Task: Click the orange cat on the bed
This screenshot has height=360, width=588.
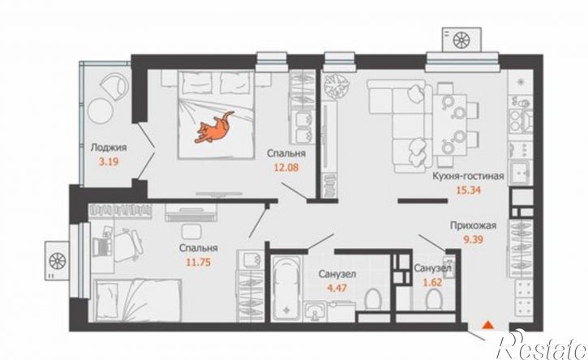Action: coord(213,128)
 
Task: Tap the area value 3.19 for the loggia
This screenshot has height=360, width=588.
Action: coord(108,162)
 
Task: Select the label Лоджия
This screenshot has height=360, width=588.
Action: coord(109,148)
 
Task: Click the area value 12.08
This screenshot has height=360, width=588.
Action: coord(286,167)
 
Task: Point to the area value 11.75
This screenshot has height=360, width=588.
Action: coord(199,262)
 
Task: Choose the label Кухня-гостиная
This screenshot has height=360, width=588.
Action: coord(468,176)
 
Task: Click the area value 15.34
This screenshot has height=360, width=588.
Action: coord(468,190)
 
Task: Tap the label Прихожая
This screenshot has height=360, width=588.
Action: coord(474,225)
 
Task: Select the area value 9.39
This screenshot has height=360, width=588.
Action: coord(474,239)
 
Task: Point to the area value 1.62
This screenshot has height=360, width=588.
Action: coord(432,282)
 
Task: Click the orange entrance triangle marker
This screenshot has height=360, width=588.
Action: coord(487,325)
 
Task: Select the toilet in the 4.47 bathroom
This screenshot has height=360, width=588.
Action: coord(372,299)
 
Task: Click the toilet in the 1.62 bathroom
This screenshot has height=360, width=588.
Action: coord(434,300)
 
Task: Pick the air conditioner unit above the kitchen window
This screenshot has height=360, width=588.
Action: coord(461,39)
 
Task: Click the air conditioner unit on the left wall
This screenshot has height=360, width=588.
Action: coord(57,260)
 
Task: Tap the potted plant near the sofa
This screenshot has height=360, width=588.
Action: coord(336,85)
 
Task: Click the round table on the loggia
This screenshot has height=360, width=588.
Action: coord(101,110)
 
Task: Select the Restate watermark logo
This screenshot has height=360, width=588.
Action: coord(541,345)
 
